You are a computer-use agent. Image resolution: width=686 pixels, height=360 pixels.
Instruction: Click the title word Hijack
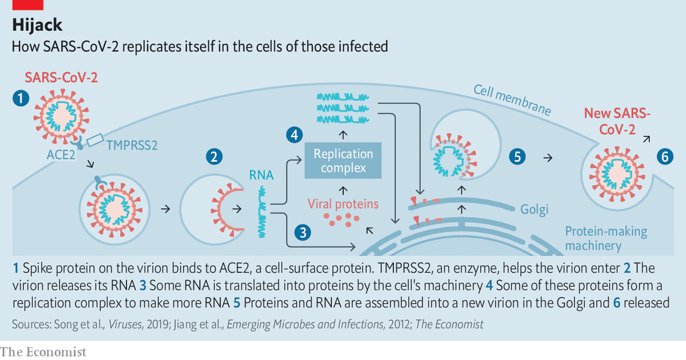tap(37, 26)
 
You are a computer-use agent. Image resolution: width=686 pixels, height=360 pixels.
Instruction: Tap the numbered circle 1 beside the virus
tap(21, 99)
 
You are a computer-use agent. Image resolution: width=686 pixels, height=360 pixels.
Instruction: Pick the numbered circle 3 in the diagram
tap(303, 232)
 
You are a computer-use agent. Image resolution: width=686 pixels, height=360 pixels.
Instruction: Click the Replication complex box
tap(343, 161)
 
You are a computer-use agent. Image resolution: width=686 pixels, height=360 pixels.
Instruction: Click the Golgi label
tap(534, 210)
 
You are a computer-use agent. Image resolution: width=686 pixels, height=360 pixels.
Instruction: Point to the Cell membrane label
tap(512, 101)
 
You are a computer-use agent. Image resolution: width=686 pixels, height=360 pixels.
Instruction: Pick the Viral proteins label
tap(343, 203)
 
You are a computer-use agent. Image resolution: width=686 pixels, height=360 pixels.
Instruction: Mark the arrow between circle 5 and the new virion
tap(547, 157)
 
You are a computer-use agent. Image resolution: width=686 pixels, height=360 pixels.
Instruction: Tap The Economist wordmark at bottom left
tap(43, 351)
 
